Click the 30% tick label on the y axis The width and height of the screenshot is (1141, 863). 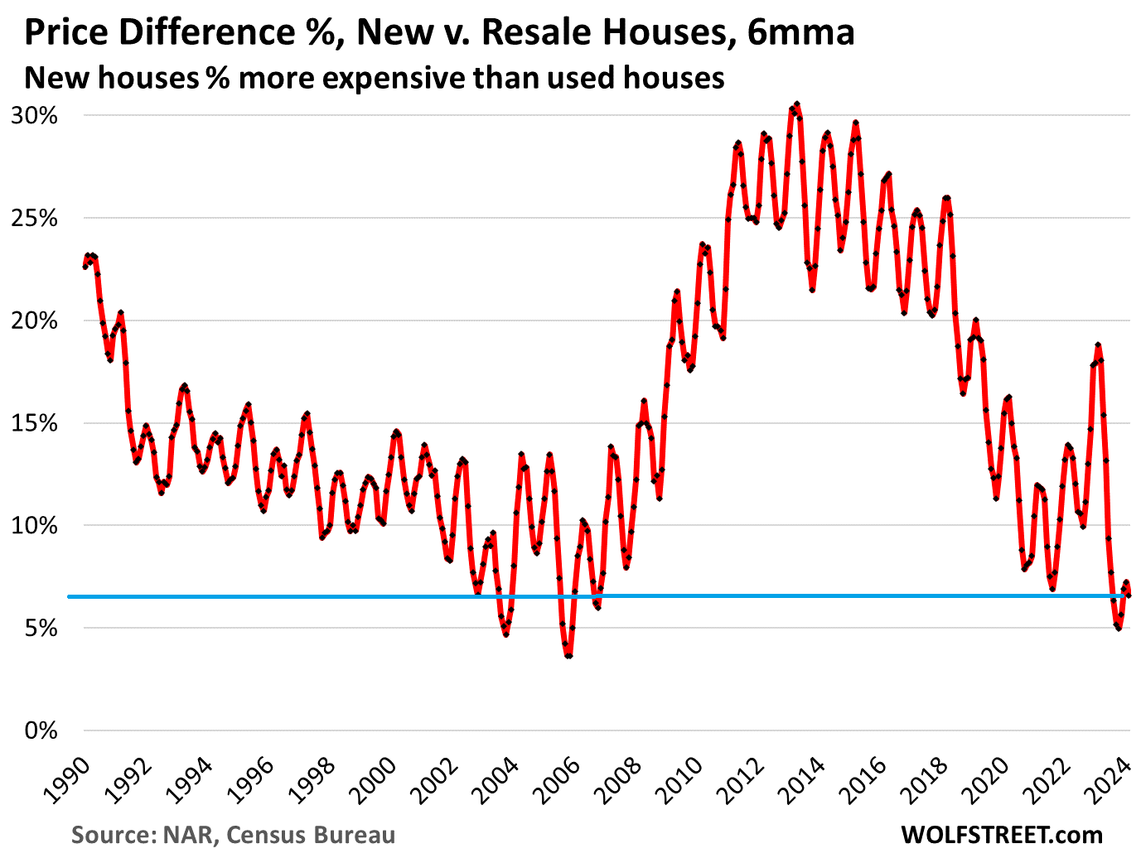coord(35,115)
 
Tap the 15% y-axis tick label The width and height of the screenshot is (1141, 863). coord(35,423)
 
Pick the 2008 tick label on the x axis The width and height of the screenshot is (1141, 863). coord(617,780)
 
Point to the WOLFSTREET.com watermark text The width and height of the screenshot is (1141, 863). coord(1001,835)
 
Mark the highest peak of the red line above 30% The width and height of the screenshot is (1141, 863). coord(796,104)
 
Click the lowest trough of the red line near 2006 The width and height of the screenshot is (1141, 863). coord(568,656)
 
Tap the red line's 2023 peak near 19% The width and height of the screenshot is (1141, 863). coord(1098,345)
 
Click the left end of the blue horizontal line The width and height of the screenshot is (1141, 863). coord(69,596)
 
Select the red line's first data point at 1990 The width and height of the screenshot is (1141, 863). coord(85,267)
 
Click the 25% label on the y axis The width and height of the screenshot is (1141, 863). coord(35,218)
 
